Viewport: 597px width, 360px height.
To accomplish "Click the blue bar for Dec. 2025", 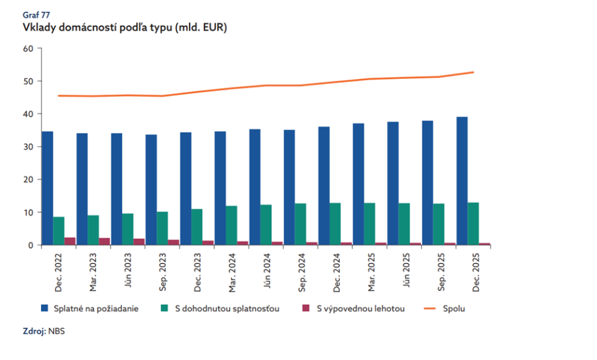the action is pos(462,181).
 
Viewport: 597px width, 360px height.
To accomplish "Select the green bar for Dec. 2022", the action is pos(58,231).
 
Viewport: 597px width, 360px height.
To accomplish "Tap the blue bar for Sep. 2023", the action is pos(151,190).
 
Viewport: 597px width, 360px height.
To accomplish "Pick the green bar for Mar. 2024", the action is pos(231,225).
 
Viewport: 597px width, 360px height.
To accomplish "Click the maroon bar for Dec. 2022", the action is pos(70,241).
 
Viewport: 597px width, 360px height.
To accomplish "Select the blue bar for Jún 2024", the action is pos(255,187).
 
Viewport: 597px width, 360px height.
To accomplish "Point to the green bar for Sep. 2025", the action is pos(439,224).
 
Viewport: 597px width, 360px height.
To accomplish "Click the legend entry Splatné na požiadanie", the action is pos(90,308).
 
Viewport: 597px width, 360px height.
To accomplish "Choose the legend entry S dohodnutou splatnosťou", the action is pos(220,308).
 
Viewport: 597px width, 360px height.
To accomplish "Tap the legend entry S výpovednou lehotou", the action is pos(353,308).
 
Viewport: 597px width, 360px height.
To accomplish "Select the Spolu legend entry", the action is pos(445,308).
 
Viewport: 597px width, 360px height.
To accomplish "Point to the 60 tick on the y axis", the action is pos(28,48).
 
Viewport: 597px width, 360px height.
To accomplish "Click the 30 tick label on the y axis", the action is pos(28,147).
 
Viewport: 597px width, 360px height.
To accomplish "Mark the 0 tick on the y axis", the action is pos(31,245).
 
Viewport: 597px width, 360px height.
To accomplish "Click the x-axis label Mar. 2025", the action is pos(372,272).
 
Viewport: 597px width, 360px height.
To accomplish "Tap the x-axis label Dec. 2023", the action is pos(197,272).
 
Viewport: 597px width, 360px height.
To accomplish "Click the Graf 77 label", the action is pos(36,15).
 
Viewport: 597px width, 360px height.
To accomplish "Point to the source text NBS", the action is pos(56,331).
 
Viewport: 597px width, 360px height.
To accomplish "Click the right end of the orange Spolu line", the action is pos(474,72).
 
